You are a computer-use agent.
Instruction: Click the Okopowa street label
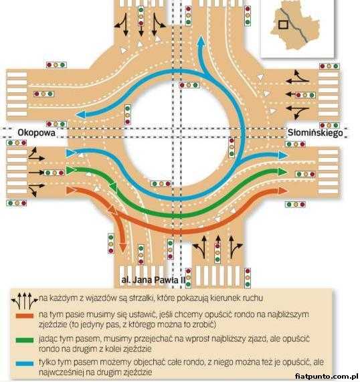[x=36, y=132]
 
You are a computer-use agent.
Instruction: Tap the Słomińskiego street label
[x=315, y=132]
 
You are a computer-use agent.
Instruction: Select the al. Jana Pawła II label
[x=153, y=280]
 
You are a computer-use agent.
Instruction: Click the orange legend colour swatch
[x=25, y=316]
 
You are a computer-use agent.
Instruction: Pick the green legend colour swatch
[x=25, y=341]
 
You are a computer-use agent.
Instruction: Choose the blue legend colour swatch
[x=25, y=364]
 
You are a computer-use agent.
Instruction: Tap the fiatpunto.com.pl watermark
[x=326, y=377]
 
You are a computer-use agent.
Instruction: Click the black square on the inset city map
[x=283, y=25]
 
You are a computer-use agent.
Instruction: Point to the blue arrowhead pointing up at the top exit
[x=201, y=41]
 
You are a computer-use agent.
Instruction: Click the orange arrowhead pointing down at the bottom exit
[x=123, y=248]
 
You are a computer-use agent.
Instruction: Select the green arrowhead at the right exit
[x=282, y=172]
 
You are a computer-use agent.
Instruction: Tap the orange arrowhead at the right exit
[x=283, y=191]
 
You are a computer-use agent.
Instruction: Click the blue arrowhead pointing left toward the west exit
[x=81, y=114]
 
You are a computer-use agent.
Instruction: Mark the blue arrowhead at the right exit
[x=283, y=155]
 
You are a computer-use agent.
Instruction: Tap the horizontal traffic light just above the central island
[x=189, y=85]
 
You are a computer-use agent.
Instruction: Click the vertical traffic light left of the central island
[x=128, y=114]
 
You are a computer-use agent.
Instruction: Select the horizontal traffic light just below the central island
[x=161, y=184]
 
